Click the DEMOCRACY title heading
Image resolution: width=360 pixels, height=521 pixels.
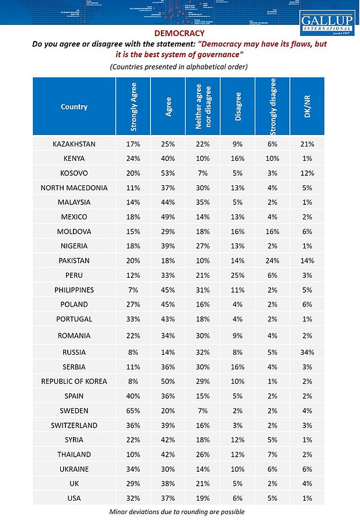tap(179, 34)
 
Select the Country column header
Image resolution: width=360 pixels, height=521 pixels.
tap(74, 107)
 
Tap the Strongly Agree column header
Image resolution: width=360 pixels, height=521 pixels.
tap(133, 107)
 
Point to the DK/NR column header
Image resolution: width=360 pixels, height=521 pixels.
tap(307, 107)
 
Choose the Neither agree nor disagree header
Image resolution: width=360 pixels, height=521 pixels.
tap(203, 107)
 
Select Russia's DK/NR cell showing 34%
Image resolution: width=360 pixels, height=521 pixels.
tap(307, 351)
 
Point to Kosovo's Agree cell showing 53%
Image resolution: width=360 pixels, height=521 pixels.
tap(168, 173)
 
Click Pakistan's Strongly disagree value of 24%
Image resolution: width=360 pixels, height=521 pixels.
tap(272, 260)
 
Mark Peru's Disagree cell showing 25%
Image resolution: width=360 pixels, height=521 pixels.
tap(238, 275)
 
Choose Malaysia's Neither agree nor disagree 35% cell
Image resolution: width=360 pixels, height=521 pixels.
tap(203, 203)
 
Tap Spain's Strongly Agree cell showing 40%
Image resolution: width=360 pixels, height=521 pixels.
tap(133, 397)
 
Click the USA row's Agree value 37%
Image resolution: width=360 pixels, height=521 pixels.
tap(168, 498)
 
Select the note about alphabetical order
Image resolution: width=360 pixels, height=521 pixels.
tap(179, 67)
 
